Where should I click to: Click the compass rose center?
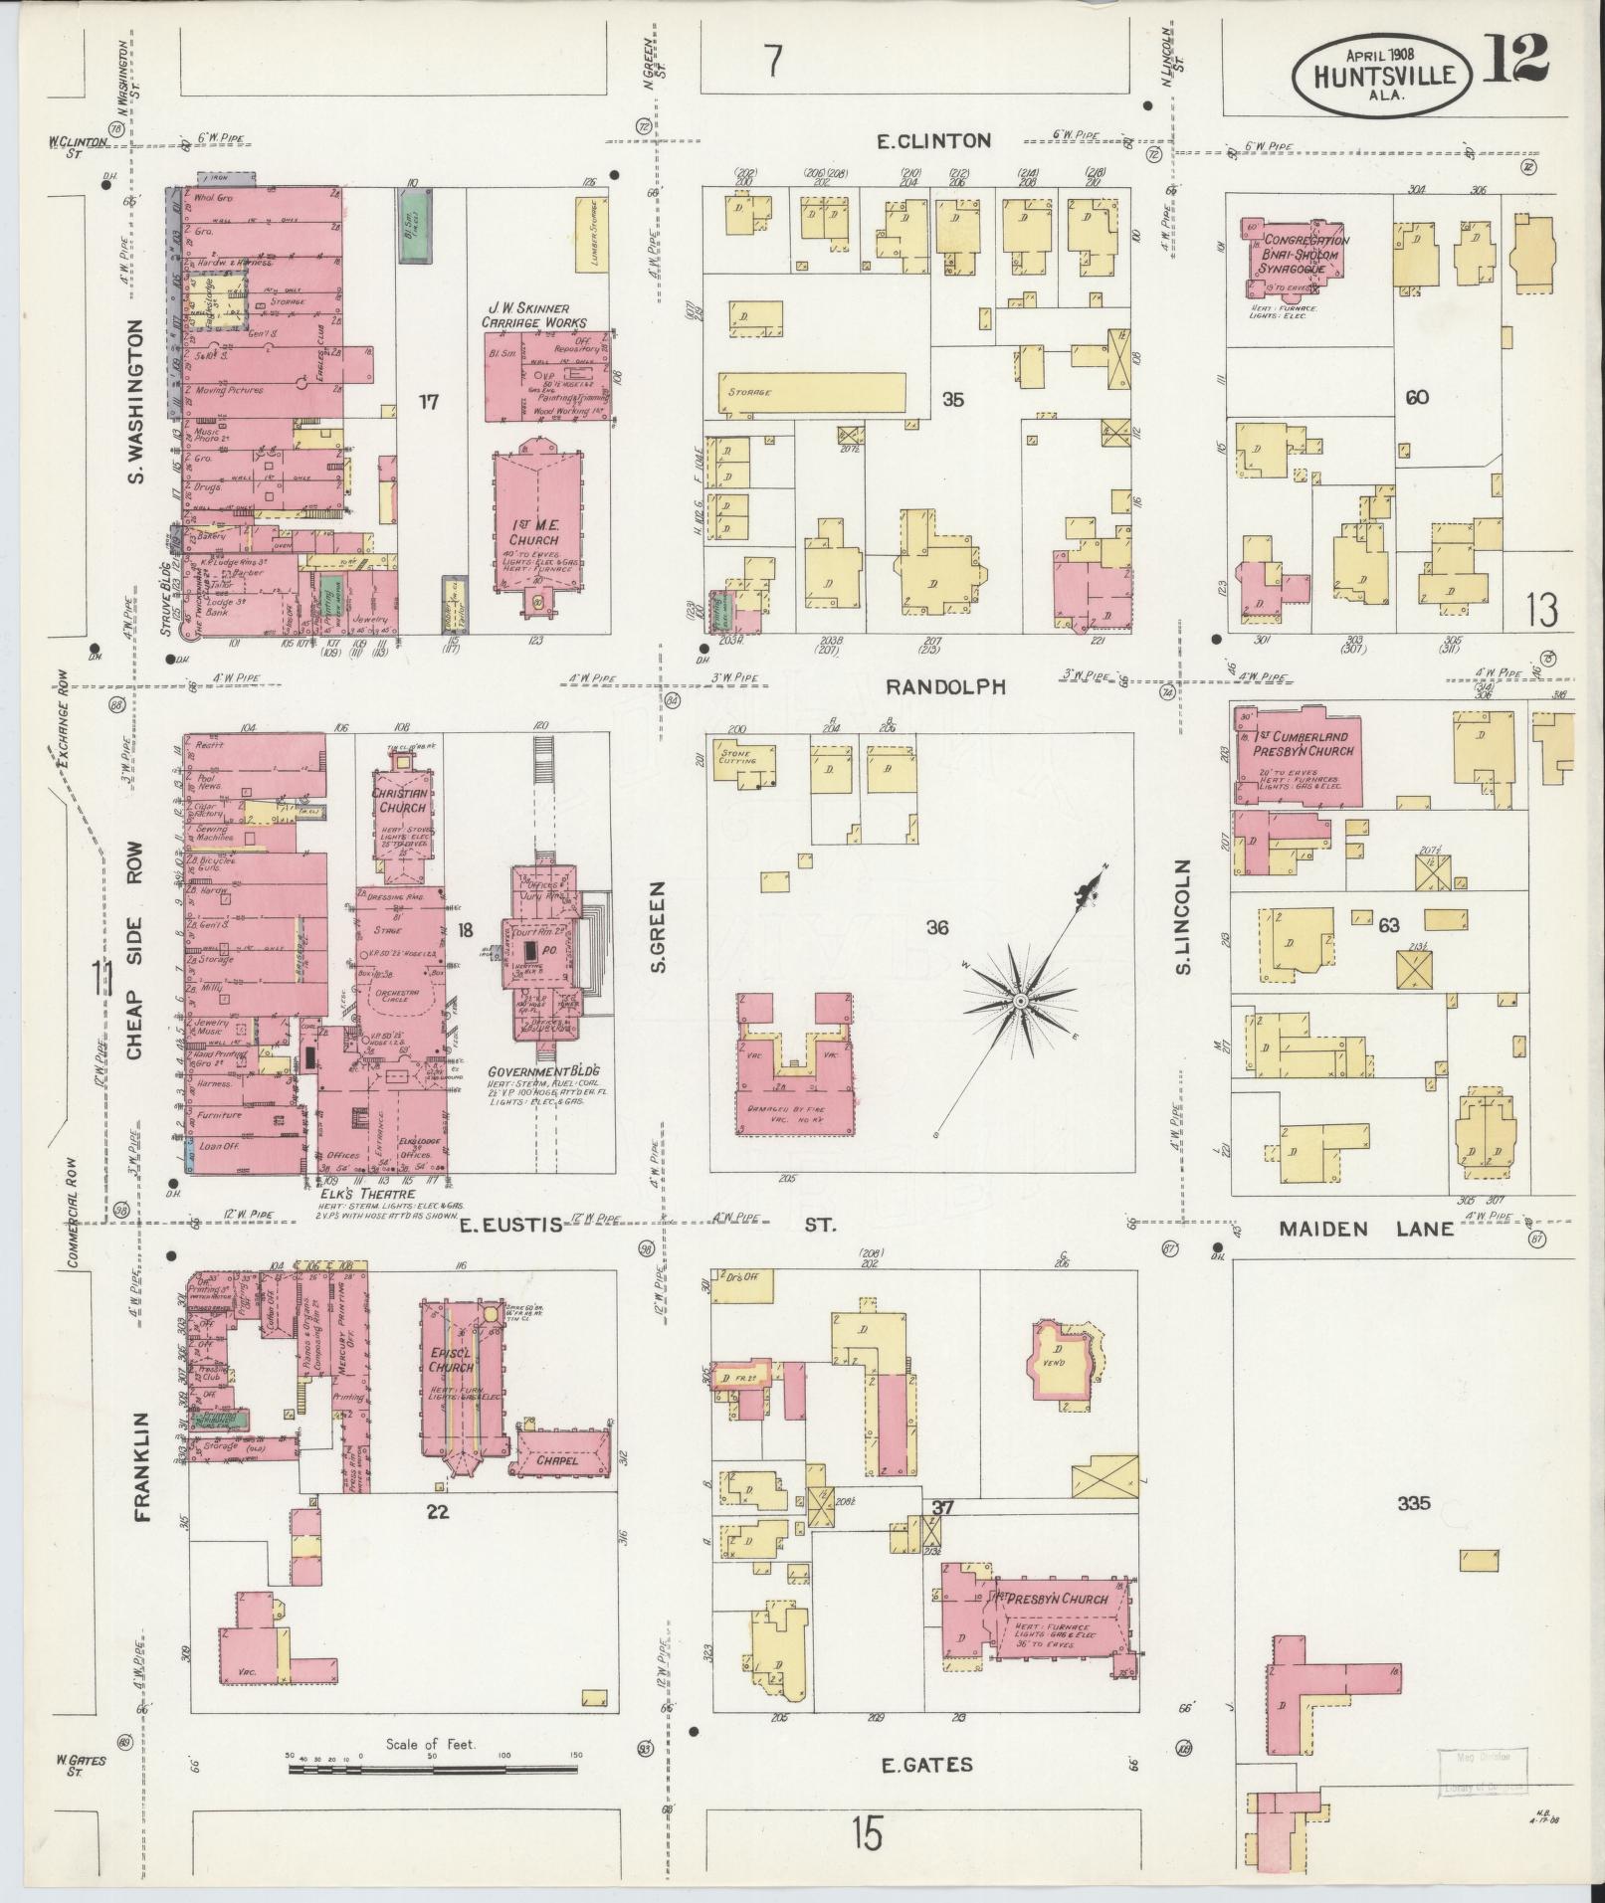coord(1021,999)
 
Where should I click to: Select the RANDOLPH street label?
coord(945,686)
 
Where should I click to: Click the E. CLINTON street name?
coord(933,141)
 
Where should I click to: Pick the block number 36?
coord(936,928)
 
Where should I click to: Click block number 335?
coord(1413,1530)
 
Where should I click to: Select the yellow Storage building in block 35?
coord(811,392)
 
